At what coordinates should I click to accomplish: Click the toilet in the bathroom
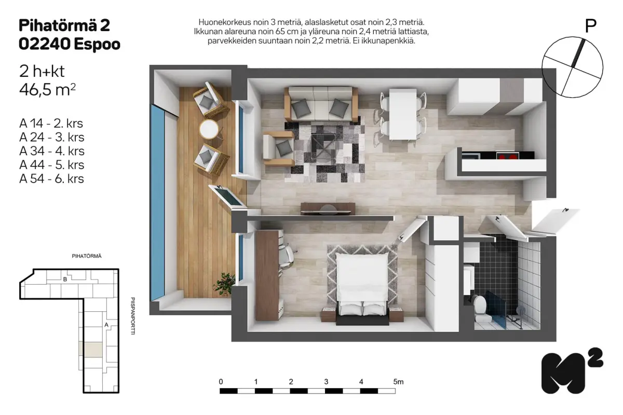coord(480,309)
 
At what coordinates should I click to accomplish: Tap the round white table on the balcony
coord(209,129)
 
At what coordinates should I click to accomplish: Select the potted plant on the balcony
coord(224,284)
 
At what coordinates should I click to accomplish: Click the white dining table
coord(403,114)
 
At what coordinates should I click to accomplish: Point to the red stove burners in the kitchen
coord(508,156)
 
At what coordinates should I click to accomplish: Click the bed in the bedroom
coord(362,288)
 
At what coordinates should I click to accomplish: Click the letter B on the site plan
coord(65,279)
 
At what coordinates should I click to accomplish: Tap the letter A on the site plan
coord(106,325)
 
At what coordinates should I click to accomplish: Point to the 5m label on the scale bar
coord(398,382)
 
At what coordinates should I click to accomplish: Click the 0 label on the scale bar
coord(221,382)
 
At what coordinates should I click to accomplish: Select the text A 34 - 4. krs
coord(52,151)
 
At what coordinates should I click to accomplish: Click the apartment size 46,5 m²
coord(47,90)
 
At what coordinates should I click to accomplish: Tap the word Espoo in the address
coord(97,44)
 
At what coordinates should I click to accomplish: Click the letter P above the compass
coord(591,26)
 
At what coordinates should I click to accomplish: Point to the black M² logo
coord(572,371)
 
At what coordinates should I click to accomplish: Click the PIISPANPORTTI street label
coord(133,316)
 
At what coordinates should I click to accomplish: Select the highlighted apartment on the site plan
coord(90,350)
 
